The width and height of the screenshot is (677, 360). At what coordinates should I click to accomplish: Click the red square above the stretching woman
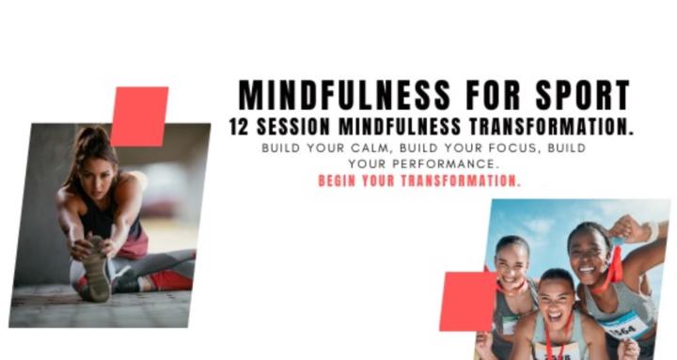(139, 116)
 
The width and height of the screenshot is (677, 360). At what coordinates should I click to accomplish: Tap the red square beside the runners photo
(467, 301)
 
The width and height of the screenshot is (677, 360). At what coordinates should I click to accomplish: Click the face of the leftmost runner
(512, 264)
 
